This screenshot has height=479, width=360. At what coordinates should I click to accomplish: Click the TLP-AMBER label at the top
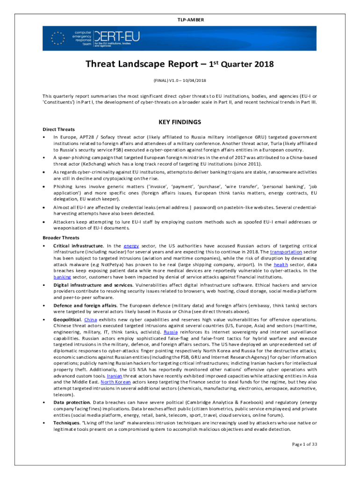coord(180,19)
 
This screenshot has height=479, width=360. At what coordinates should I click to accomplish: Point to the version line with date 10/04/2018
coord(180,80)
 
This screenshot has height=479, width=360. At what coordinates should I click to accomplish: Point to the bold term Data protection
coord(72,402)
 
